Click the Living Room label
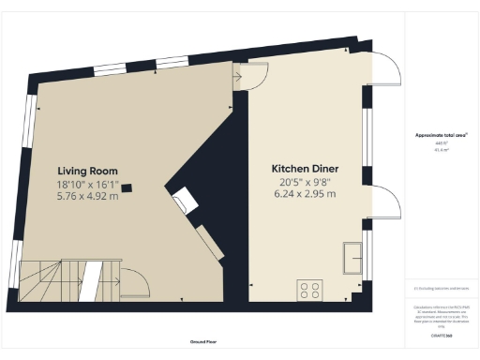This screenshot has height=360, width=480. click(x=86, y=171)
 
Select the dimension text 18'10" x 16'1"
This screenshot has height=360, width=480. click(x=86, y=186)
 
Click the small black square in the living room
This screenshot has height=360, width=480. click(x=127, y=187)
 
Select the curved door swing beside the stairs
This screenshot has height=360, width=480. click(x=134, y=282)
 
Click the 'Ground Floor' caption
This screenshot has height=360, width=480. click(x=198, y=340)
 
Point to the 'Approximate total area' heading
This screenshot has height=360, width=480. click(x=442, y=135)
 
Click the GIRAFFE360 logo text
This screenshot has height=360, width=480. click(x=442, y=335)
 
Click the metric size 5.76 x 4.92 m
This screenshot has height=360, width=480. click(x=86, y=199)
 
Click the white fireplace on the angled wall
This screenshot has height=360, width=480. click(x=186, y=199)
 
